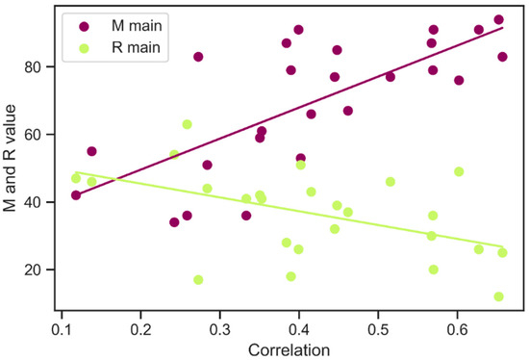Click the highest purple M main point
tap(498, 19)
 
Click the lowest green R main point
tap(498, 296)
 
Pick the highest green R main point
tap(187, 124)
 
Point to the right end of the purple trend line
tap(502, 28)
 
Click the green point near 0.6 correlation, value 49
tap(459, 171)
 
